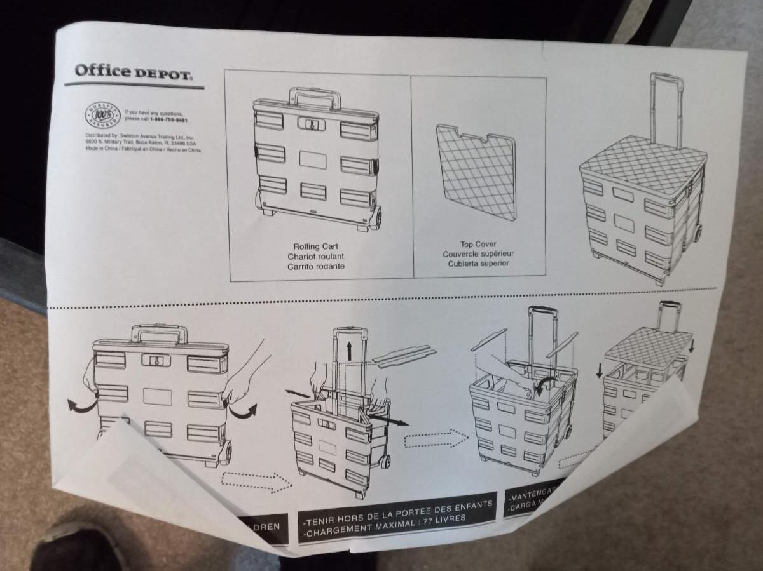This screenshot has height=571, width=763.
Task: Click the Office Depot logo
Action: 133,72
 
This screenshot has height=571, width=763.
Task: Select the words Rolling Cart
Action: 315,246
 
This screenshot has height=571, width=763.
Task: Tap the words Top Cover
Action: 478,244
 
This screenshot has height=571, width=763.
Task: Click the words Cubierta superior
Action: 478,264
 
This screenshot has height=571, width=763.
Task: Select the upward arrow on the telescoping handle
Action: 348,351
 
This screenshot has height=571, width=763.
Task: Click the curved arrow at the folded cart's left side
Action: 80,405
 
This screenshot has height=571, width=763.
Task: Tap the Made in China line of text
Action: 143,151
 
